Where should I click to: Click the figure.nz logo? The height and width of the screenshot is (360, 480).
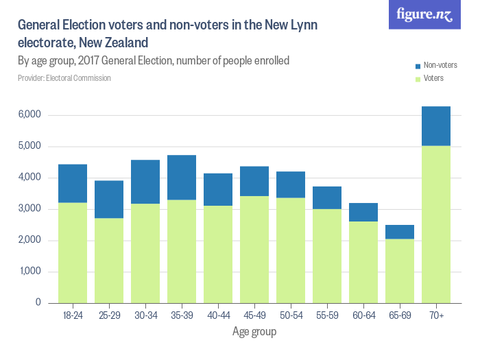[424, 15]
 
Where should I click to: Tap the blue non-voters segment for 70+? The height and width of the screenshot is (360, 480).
[436, 126]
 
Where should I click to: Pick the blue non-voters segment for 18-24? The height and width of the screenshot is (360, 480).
[73, 184]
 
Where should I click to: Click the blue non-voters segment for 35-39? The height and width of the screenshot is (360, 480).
[182, 178]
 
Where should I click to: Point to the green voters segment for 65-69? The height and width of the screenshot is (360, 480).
[400, 271]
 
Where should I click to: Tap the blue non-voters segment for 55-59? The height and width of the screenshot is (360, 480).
[327, 198]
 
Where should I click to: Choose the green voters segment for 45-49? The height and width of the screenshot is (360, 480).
[254, 250]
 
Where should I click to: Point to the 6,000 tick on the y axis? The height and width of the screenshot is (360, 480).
[29, 115]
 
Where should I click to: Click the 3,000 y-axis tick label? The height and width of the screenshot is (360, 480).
[29, 209]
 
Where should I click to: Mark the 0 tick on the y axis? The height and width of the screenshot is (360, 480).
[38, 303]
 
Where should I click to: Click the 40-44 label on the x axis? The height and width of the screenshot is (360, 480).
[218, 316]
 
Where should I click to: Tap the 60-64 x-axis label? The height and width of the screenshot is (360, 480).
[363, 316]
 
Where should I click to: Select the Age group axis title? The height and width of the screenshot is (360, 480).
[254, 333]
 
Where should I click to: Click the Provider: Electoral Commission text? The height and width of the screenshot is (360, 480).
[64, 78]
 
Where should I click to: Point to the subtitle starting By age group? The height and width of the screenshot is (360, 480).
[154, 61]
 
